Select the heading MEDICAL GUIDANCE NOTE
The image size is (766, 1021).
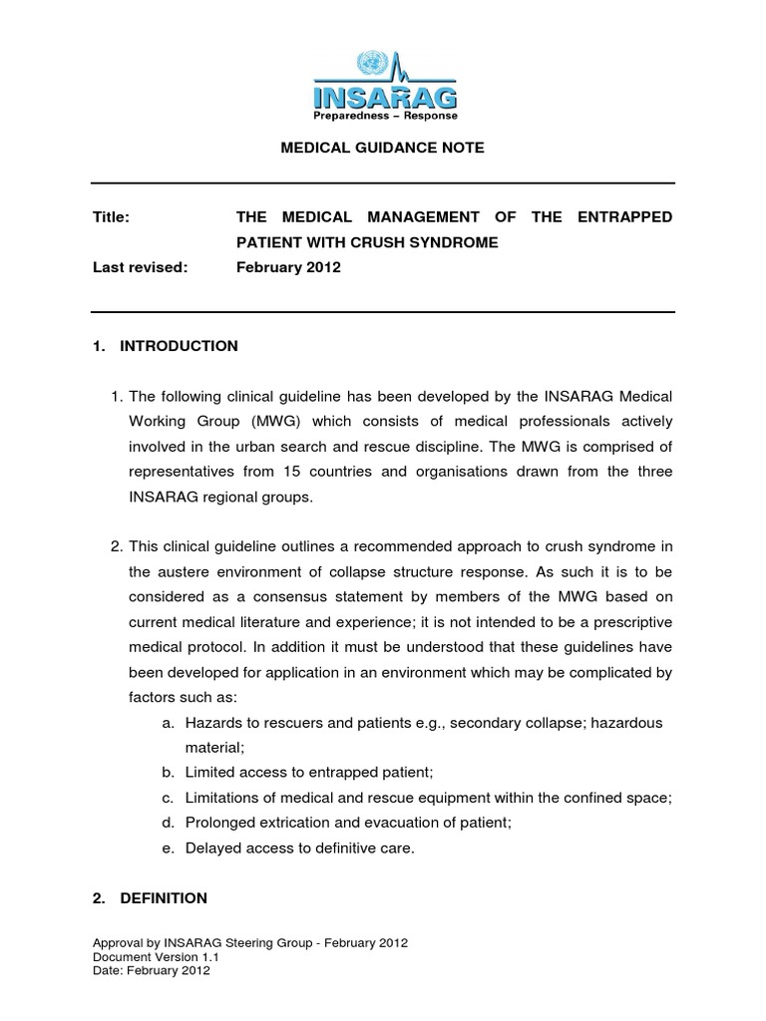[x=383, y=147]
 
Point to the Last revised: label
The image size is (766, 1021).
[x=140, y=268]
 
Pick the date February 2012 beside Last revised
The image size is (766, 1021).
[x=288, y=268]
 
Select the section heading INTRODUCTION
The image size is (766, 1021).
[x=179, y=346]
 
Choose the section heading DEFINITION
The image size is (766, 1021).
[x=164, y=897]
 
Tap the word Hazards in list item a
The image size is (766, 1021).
[x=212, y=722]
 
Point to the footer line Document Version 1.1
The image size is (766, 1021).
[x=156, y=956]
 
